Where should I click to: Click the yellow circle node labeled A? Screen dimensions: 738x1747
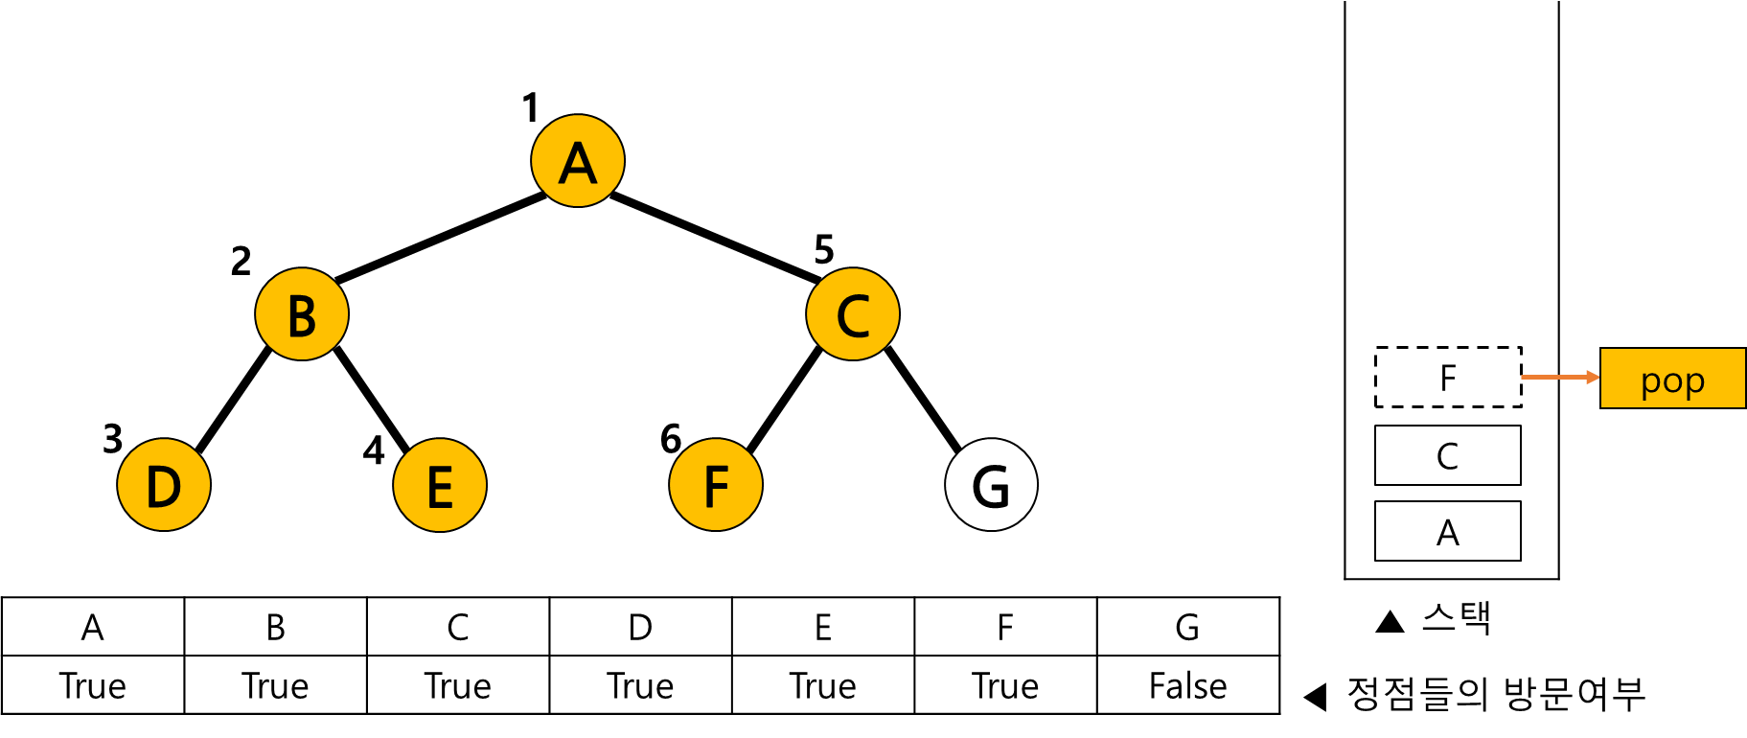pos(578,160)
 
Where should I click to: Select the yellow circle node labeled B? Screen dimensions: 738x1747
pos(302,313)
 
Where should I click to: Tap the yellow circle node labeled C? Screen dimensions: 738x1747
pos(853,313)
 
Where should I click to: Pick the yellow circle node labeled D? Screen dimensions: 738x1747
pos(164,484)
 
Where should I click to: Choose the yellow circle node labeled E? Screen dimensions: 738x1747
pos(440,484)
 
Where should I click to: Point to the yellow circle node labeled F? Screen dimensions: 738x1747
pos(716,484)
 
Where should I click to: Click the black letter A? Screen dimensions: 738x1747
pos(578,164)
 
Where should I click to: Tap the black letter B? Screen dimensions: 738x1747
pos(302,316)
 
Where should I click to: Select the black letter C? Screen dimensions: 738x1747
pos(853,316)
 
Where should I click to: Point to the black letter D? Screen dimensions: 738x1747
pos(164,487)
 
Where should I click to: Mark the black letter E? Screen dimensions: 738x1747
pos(440,487)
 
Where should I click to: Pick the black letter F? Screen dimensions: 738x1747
pos(716,487)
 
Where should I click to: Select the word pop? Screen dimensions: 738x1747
pos(1672,381)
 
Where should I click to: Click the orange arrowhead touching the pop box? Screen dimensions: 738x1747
pos(1594,378)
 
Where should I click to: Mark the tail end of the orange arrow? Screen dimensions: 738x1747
pos(1524,378)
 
